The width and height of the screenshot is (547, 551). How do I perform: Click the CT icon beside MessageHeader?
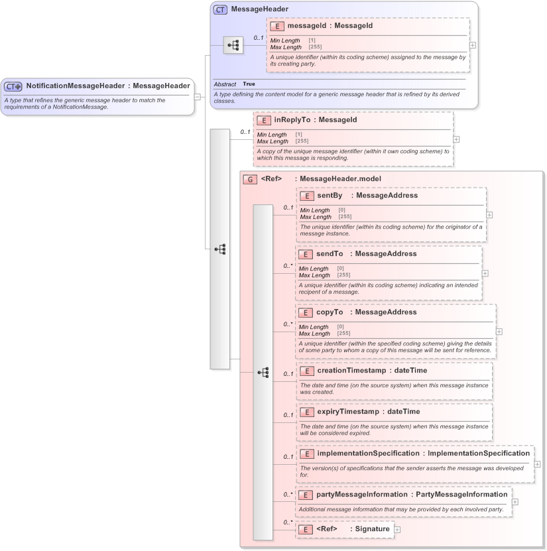point(220,10)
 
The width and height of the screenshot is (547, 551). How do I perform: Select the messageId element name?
point(312,26)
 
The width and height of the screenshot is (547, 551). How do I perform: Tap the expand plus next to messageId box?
point(472,45)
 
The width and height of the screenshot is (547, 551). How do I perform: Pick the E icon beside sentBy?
point(306,196)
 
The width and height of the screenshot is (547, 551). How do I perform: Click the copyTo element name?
point(330,312)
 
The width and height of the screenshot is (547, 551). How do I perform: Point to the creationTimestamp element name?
point(351,370)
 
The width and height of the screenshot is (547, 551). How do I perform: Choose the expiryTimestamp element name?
point(347,411)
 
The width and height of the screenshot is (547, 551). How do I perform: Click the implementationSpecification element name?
point(368,453)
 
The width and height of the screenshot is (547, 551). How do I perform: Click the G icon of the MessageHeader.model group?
point(249,179)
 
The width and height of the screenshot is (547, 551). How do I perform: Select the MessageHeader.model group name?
point(340,178)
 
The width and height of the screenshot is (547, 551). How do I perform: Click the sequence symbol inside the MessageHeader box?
point(233,45)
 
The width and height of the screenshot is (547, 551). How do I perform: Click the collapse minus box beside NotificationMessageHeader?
point(197,96)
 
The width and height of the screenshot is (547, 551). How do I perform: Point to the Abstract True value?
point(249,84)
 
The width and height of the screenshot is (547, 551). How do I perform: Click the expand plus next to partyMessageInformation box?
point(515,502)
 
